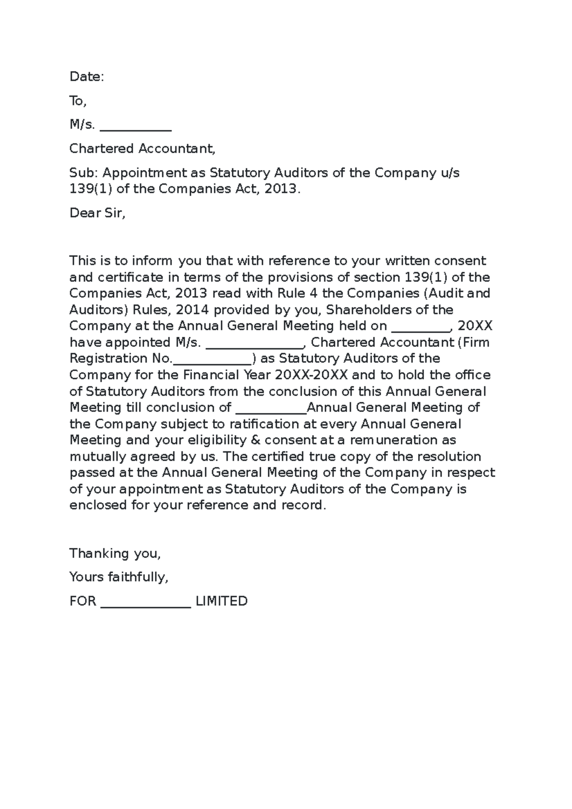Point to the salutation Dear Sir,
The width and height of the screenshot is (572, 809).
click(x=97, y=213)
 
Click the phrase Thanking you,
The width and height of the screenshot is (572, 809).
click(x=115, y=554)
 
